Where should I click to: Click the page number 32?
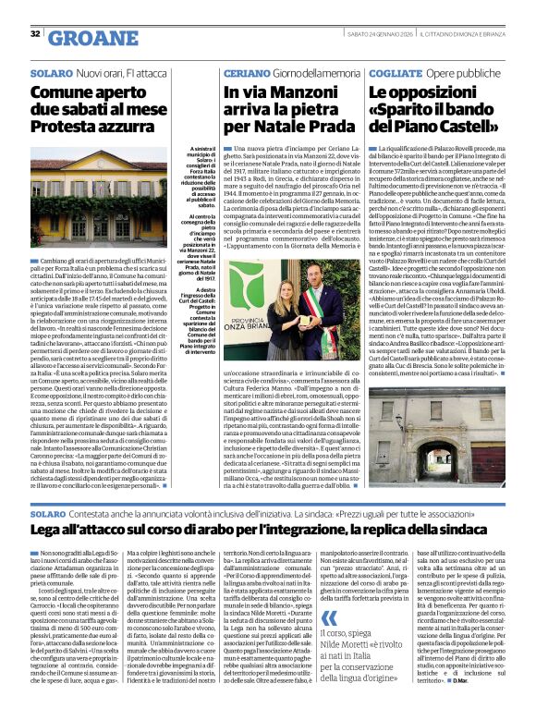(34, 33)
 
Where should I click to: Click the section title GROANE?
(88, 37)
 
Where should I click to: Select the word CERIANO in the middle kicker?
(246, 71)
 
